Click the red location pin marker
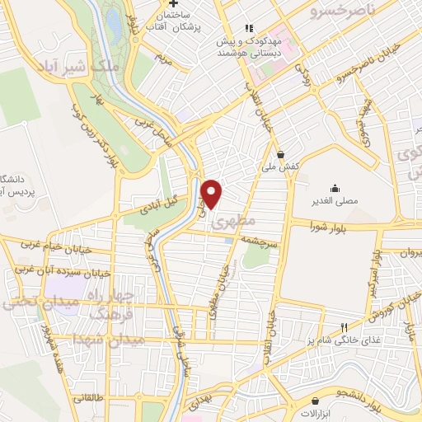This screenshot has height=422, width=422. [x=213, y=194]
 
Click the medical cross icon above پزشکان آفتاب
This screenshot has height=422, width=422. [x=185, y=4]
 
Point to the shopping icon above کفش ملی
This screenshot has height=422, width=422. [x=281, y=153]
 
